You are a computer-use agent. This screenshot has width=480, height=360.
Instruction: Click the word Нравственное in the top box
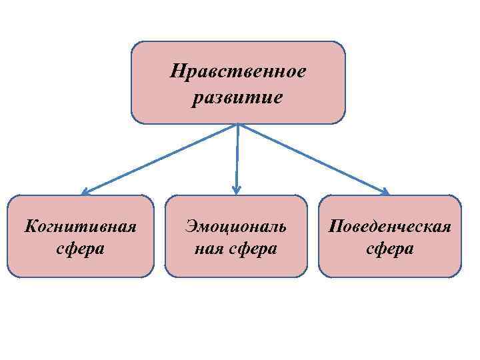[x=238, y=71]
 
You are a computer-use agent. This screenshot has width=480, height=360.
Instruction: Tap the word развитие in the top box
[x=238, y=98]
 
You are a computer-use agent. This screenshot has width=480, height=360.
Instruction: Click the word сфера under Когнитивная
[x=81, y=249]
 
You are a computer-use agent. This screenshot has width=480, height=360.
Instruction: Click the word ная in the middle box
[x=207, y=249]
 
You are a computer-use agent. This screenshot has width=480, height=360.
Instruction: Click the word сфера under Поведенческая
[x=390, y=249]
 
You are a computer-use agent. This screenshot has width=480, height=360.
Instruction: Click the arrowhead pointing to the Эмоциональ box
[x=236, y=190]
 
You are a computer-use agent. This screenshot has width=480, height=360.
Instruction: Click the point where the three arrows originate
[x=238, y=125]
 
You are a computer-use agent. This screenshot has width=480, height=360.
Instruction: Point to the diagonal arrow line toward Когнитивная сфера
[x=160, y=159]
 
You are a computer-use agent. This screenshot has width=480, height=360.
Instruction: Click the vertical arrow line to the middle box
[x=237, y=157]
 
